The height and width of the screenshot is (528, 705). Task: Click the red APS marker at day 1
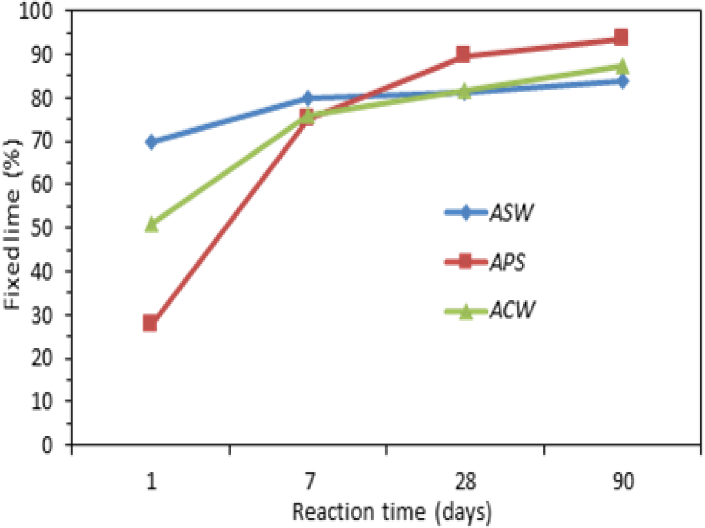(150, 323)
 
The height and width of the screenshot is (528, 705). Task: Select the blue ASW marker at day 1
(151, 142)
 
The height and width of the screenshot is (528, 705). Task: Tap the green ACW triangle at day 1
(152, 225)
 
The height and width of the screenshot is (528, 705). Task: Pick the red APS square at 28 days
(463, 54)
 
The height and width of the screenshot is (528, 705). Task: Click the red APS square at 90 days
(621, 38)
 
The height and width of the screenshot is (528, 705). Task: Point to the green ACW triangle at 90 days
(621, 67)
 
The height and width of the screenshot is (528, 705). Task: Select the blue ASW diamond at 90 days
(621, 82)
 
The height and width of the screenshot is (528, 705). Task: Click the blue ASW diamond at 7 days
(308, 98)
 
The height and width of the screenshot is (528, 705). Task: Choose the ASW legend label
(511, 213)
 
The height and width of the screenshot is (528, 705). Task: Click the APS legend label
(507, 262)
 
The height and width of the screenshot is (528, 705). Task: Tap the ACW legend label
(512, 311)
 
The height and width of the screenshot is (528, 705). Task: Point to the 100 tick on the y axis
(36, 11)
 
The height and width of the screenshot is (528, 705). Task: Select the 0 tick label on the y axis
(47, 445)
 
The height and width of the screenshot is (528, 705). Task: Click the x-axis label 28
(465, 481)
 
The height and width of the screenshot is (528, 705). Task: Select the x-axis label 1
(152, 481)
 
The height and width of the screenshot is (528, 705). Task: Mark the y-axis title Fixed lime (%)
(13, 225)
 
